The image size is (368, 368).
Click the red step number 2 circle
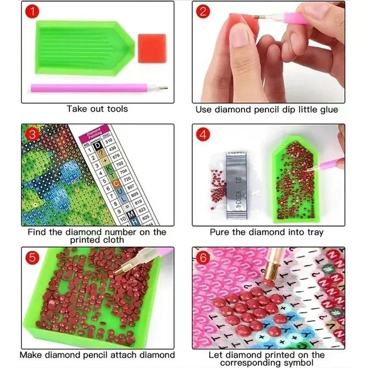[203, 12]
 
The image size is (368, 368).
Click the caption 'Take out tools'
[97, 109]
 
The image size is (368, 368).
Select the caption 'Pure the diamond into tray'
[266, 232]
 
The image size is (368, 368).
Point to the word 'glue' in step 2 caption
[328, 109]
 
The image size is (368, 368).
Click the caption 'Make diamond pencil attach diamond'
[97, 355]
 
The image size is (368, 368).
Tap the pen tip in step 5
[121, 271]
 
